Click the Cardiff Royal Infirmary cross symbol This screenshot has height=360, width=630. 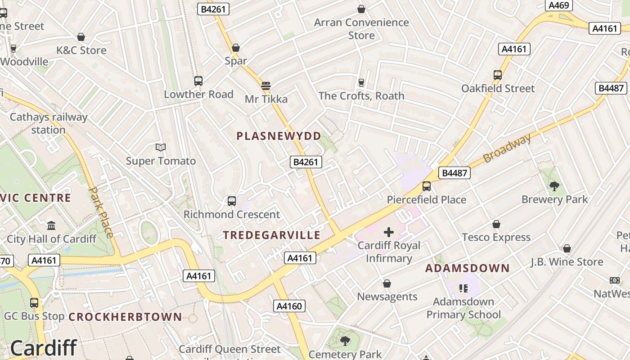pos(389,232)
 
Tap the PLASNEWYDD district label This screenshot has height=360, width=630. pos(279,136)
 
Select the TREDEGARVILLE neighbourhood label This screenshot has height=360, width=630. pos(272,235)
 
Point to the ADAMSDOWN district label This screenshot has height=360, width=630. pos(468,269)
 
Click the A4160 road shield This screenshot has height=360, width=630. pos(289,306)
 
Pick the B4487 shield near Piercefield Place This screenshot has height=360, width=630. pos(454,173)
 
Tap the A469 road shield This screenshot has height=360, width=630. pos(558,5)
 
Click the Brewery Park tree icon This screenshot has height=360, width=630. pos(554,186)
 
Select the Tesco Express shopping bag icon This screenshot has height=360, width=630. pos(496,224)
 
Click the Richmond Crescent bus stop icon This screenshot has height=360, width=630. pos(232,201)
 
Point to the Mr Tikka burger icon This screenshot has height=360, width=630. pos(266,85)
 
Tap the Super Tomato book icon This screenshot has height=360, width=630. pos(161,148)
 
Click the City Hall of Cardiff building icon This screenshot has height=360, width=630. pos(51,225)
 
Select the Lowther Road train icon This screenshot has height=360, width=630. pos(198,81)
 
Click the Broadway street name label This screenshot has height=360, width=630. pos(507,148)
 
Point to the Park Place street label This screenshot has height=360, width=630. pos(102,212)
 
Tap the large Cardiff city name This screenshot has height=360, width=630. pos(43,348)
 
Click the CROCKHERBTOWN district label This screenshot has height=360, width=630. pos(125,317)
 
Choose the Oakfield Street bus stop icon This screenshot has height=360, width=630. pos(498,75)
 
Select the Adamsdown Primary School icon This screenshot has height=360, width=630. pos(463,288)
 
